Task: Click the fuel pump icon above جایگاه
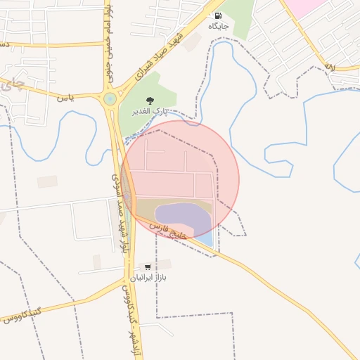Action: [218, 15]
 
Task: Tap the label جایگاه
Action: [218, 26]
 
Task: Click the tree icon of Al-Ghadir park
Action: [149, 101]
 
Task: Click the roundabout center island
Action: [109, 98]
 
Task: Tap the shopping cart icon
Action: [147, 267]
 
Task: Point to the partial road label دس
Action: [4, 44]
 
